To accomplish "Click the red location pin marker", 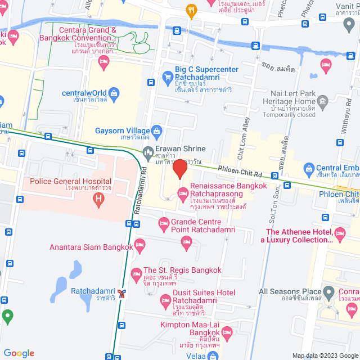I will tap(179, 169).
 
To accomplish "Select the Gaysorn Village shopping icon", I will tap(157, 130).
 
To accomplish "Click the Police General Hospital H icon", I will tap(99, 198).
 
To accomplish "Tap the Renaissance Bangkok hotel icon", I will tap(182, 193).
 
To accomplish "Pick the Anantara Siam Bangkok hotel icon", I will tap(140, 245).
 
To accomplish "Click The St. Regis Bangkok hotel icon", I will tap(136, 274).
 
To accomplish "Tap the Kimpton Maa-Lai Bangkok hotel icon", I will tap(226, 331).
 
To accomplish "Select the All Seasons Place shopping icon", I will tap(328, 292).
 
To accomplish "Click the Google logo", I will tap(19, 353).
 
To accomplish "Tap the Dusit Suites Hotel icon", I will tap(165, 303).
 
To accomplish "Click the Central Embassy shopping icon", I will tap(308, 168).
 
